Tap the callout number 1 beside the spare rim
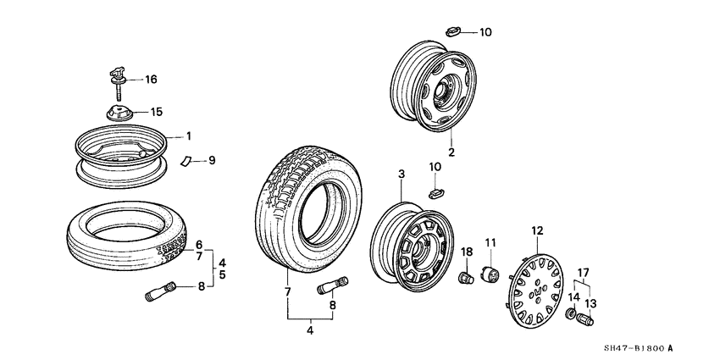[x=189, y=136]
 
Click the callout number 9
[x=213, y=159]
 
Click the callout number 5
[x=222, y=275]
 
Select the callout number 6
[x=199, y=244]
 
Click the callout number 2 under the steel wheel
[x=452, y=153]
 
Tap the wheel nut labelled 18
[x=464, y=276]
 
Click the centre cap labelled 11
[x=490, y=276]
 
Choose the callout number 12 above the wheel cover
[x=537, y=230]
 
